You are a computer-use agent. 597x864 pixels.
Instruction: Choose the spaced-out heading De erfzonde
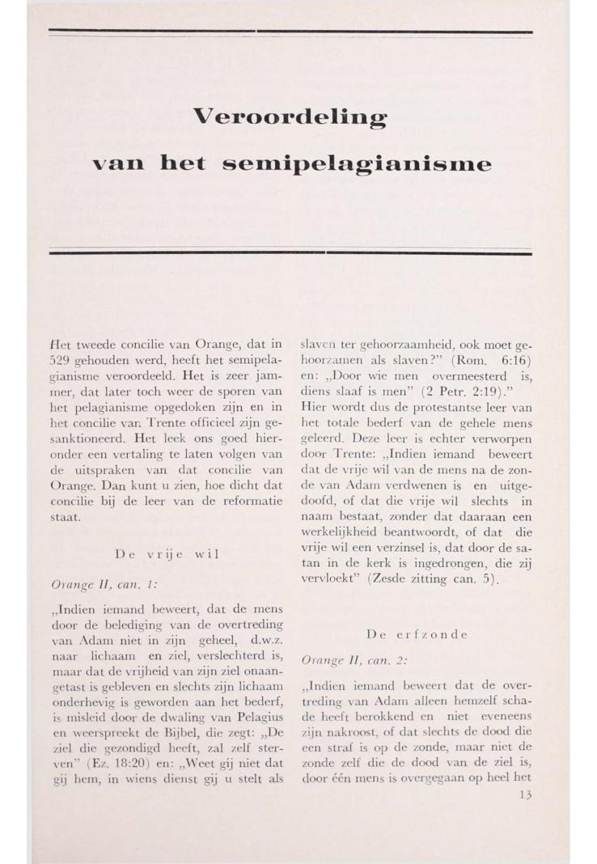417,634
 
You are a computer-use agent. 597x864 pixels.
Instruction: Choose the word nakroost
345,731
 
